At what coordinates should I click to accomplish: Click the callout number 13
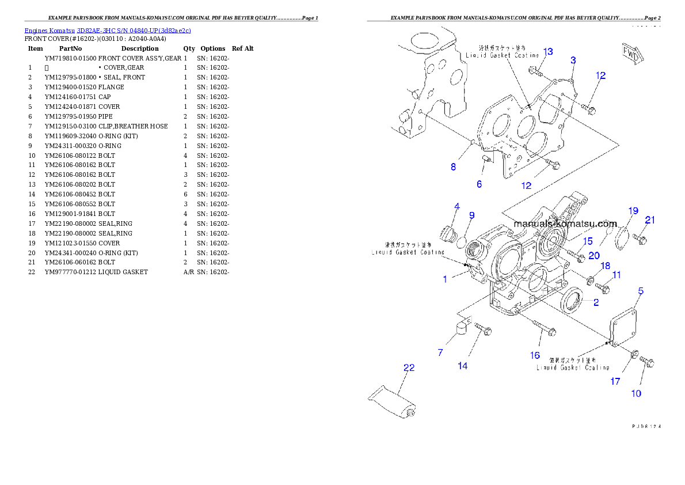pyautogui.click(x=548, y=52)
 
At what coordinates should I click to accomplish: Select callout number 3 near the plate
pyautogui.click(x=573, y=60)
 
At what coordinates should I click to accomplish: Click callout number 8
pyautogui.click(x=454, y=167)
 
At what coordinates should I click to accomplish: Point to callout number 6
pyautogui.click(x=479, y=184)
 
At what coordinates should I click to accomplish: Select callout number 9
pyautogui.click(x=471, y=215)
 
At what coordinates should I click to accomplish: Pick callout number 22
pyautogui.click(x=409, y=367)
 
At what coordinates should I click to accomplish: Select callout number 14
pyautogui.click(x=463, y=366)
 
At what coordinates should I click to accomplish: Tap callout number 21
pyautogui.click(x=650, y=219)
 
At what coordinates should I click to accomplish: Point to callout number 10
pyautogui.click(x=636, y=393)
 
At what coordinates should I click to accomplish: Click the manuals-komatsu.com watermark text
pyautogui.click(x=565, y=223)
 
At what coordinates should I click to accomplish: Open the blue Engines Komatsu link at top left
pyautogui.click(x=108, y=30)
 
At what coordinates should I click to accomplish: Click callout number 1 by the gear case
pyautogui.click(x=445, y=279)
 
